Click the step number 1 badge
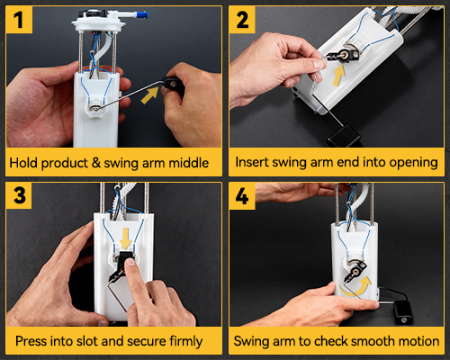[x=19, y=20]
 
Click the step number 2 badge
[x=242, y=20]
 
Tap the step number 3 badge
[x=19, y=195]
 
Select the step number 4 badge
[x=242, y=196]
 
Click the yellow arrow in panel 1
[x=149, y=95]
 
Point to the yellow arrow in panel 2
[x=339, y=75]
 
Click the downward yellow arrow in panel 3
[x=125, y=238]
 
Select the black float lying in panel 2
[x=344, y=136]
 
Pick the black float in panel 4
[x=403, y=312]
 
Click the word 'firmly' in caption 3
[x=186, y=341]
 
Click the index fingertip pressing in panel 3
[x=130, y=263]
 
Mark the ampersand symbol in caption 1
[x=96, y=163]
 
